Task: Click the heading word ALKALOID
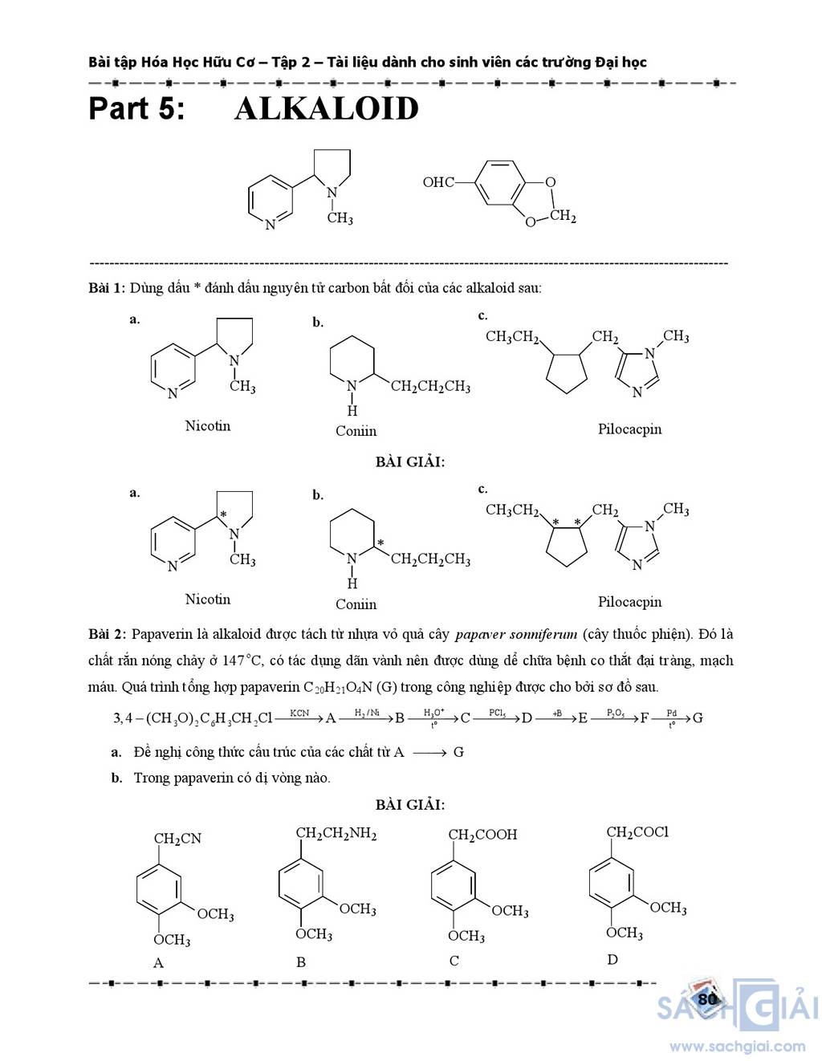[326, 109]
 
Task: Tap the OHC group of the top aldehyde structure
[438, 183]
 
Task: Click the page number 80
[707, 998]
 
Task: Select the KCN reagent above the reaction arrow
[299, 713]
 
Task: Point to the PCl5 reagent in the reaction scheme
[497, 713]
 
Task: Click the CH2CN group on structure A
[177, 839]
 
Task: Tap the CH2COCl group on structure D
[637, 832]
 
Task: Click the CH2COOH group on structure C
[482, 835]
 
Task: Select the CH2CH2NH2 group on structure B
[336, 833]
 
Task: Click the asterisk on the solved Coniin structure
[380, 544]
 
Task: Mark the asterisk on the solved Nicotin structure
[223, 515]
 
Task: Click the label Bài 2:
[107, 634]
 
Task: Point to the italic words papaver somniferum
[515, 634]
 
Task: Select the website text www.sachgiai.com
[737, 1046]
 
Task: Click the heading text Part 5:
[136, 109]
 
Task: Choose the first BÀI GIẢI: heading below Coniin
[409, 461]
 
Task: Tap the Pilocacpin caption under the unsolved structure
[629, 429]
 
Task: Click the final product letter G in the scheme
[698, 717]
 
